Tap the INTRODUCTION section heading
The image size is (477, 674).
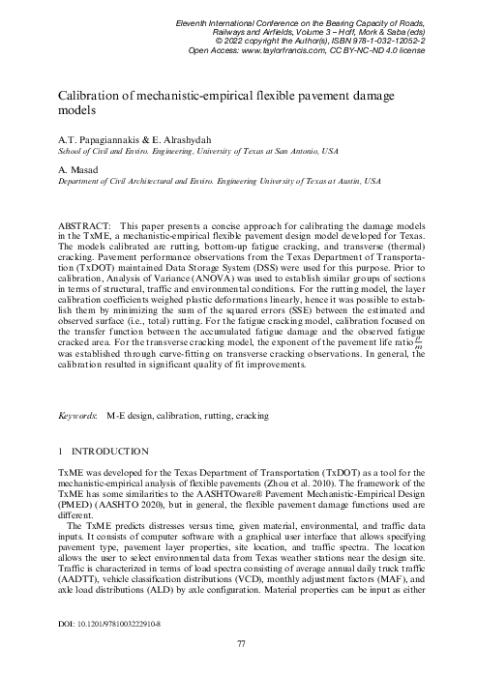[x=108, y=451]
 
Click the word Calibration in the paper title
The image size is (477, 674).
[x=97, y=95]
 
